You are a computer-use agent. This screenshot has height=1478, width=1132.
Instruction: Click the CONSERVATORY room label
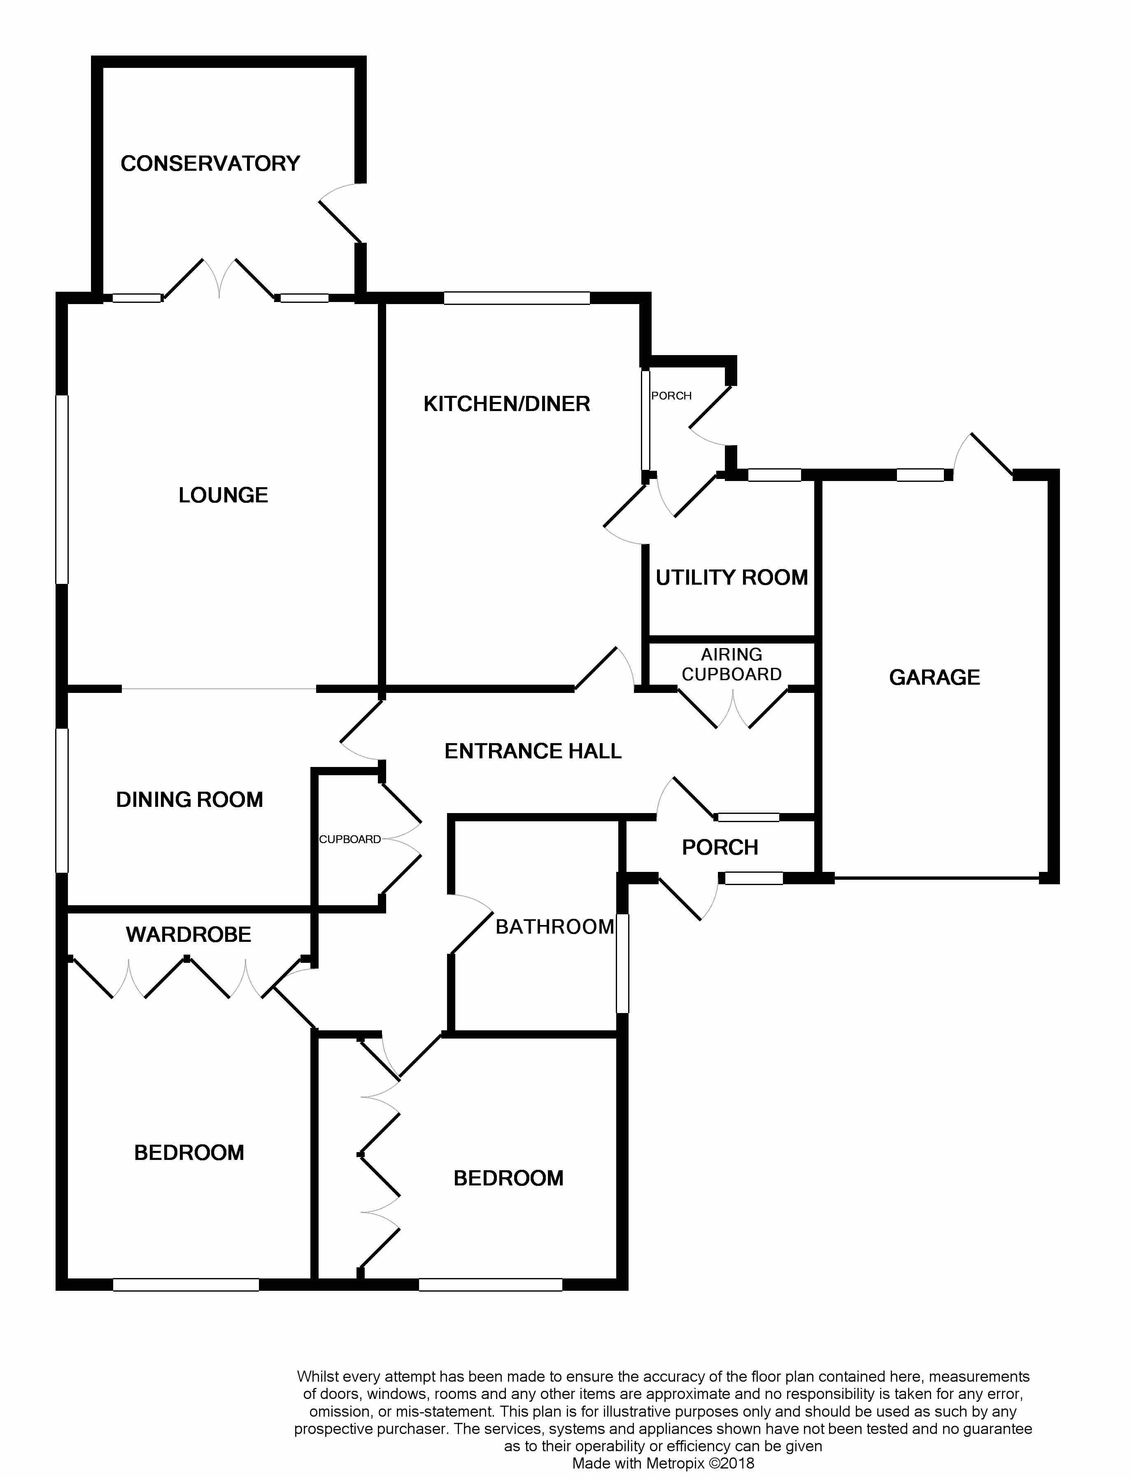[210, 164]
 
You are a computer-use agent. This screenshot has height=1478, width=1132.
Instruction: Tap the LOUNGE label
[223, 495]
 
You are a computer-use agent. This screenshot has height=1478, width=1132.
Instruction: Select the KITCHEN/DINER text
[507, 404]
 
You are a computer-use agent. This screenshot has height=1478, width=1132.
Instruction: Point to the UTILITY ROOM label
[732, 578]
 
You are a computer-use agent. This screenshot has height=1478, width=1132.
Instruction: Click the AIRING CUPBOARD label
[732, 665]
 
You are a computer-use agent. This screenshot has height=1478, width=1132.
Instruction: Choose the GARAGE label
[934, 677]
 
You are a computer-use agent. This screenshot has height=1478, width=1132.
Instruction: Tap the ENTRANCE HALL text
[533, 751]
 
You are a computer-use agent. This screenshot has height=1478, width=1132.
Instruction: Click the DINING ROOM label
[189, 800]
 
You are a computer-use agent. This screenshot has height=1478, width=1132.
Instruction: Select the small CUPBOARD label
[350, 840]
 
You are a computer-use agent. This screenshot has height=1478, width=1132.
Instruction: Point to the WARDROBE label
[189, 934]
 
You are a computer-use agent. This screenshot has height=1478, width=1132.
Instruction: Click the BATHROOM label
[554, 927]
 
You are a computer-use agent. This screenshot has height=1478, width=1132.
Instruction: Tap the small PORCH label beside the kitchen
[671, 396]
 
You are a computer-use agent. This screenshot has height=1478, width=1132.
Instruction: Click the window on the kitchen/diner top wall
[517, 298]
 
